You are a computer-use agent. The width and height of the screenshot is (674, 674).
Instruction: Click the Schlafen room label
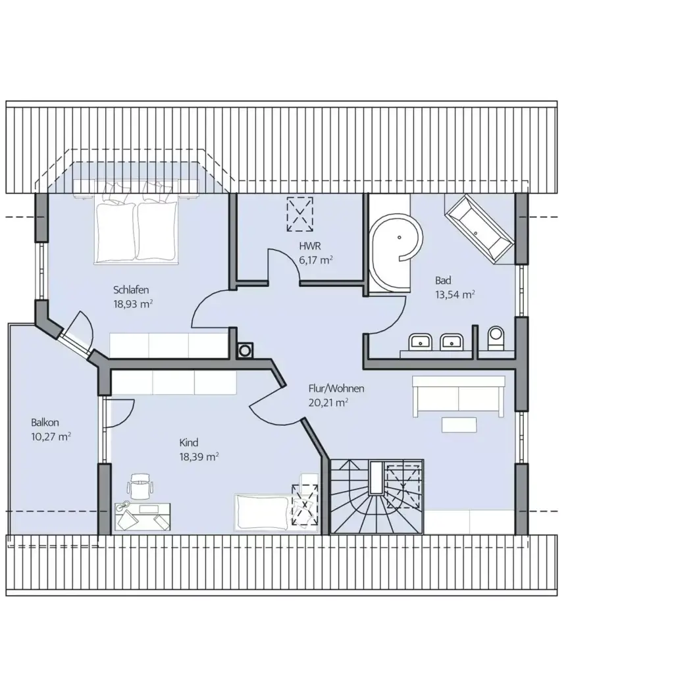click(132, 290)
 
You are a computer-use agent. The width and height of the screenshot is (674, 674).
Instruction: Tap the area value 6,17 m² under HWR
click(315, 260)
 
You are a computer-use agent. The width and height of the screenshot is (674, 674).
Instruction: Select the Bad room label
click(443, 280)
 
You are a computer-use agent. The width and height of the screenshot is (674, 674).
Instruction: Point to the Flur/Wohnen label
click(336, 388)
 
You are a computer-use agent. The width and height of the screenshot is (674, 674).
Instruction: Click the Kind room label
click(189, 442)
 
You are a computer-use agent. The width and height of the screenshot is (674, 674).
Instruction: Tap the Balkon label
click(45, 422)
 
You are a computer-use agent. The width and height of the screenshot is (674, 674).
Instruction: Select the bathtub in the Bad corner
click(479, 226)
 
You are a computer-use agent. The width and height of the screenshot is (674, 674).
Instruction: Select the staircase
click(376, 497)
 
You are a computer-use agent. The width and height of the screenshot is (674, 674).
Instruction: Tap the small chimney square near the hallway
click(245, 351)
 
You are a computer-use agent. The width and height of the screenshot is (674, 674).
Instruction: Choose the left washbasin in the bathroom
click(420, 342)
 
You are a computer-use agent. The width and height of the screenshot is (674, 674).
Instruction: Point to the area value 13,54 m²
click(455, 294)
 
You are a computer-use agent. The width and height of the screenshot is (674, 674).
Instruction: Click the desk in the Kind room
click(142, 515)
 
